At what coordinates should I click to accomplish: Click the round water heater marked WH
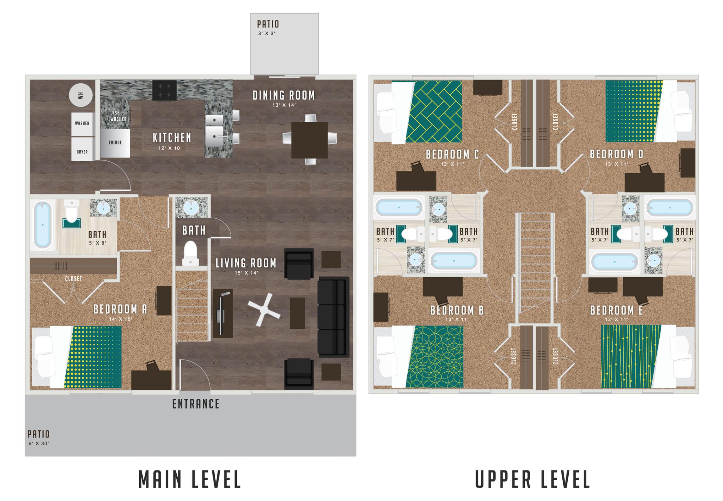click(81, 95)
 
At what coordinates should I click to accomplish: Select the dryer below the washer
click(82, 149)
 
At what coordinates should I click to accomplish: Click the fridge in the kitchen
click(115, 143)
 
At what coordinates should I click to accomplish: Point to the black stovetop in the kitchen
click(164, 91)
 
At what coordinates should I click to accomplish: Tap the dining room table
click(310, 140)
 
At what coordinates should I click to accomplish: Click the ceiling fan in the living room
click(264, 309)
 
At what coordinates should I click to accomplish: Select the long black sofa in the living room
click(333, 317)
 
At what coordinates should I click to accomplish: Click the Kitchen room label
click(172, 138)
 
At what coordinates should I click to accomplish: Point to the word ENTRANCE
click(196, 404)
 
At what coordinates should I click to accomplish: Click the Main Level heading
click(190, 479)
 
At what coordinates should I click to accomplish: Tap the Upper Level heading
click(532, 479)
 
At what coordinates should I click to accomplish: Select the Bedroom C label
click(452, 154)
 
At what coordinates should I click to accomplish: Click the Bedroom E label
click(616, 310)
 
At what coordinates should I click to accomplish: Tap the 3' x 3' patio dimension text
click(267, 33)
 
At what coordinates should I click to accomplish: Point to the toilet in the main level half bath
click(190, 253)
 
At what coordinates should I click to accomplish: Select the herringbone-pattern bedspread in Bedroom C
click(434, 112)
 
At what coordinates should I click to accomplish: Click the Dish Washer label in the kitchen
click(118, 116)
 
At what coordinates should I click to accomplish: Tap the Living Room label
click(246, 263)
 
